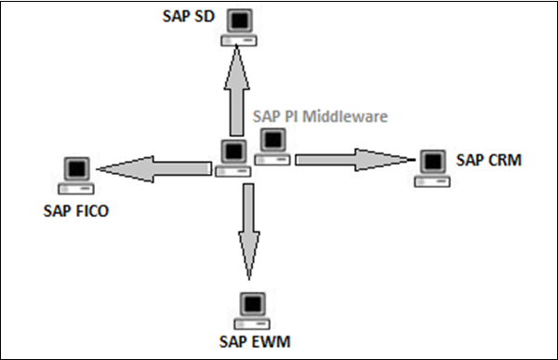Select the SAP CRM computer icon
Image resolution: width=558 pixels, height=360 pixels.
[430, 168]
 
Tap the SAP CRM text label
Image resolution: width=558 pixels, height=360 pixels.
[489, 161]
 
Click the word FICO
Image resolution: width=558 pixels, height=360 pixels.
[92, 209]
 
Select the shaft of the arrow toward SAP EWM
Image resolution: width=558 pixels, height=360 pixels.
[247, 209]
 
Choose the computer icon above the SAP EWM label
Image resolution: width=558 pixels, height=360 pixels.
[248, 311]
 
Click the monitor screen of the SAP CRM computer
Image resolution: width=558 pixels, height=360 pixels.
[430, 162]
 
